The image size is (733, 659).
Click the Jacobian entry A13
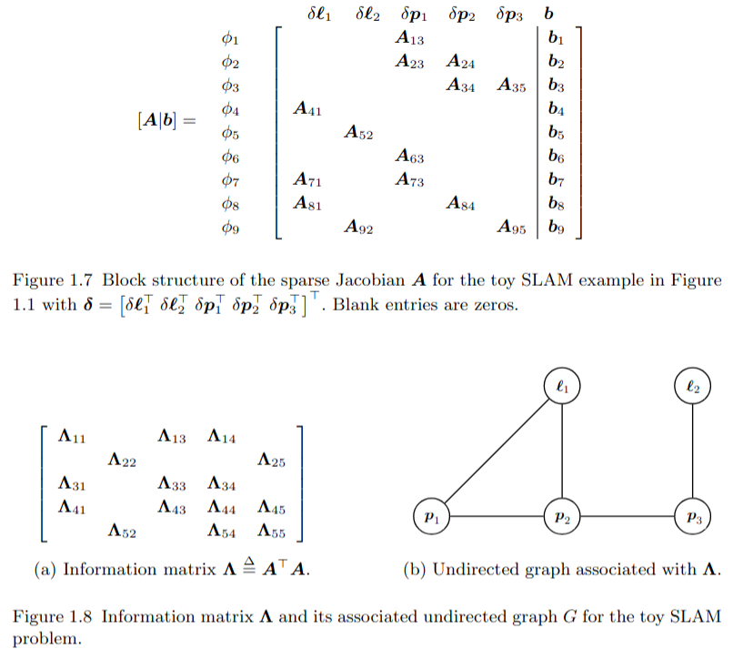[411, 39]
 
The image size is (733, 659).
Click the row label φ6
[230, 157]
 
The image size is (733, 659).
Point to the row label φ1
[230, 39]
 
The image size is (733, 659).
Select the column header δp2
[462, 15]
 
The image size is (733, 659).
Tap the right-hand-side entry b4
[557, 110]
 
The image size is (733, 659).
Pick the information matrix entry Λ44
[222, 507]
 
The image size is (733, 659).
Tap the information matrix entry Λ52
[123, 530]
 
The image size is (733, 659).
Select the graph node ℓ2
[692, 386]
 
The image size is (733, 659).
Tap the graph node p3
[692, 516]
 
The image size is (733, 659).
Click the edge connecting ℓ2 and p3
[692, 451]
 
